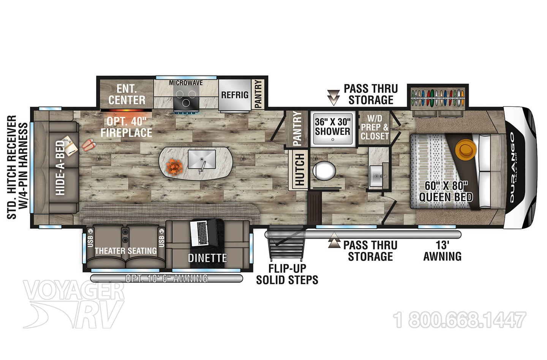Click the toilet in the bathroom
tap(324, 171)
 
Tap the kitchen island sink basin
tap(202, 159)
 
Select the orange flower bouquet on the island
tap(174, 167)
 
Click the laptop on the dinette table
tap(203, 232)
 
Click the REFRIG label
tap(235, 95)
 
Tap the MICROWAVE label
tap(186, 83)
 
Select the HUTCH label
tap(300, 169)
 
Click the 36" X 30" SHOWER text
tap(333, 127)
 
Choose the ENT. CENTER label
tap(127, 95)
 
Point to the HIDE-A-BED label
tap(60, 168)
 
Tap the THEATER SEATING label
tap(126, 251)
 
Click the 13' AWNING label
tap(443, 251)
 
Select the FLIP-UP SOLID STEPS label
tap(287, 274)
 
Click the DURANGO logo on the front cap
tap(512, 168)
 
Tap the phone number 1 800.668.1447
tap(460, 320)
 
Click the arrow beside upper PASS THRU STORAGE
tap(334, 97)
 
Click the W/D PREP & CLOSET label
tap(375, 127)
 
